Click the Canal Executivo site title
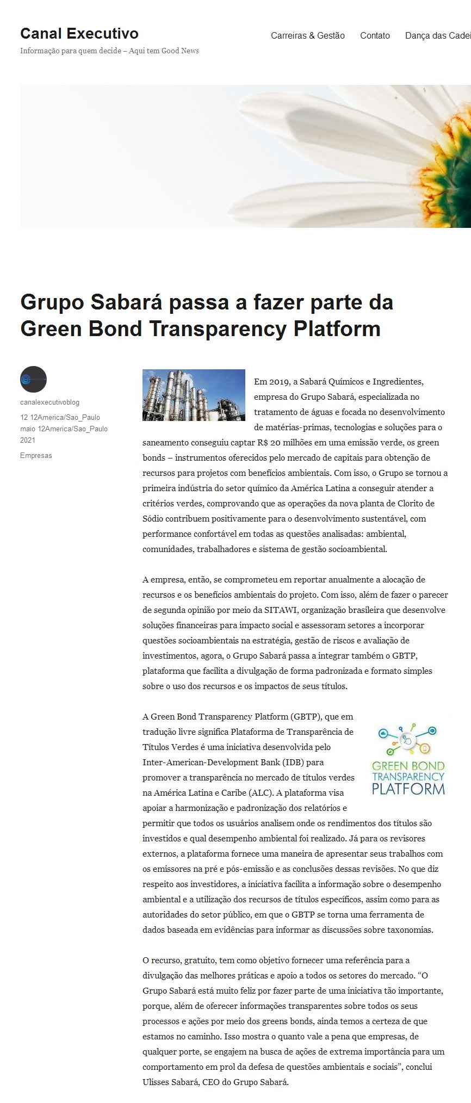click(79, 34)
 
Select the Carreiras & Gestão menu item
click(308, 35)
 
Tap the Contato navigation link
click(375, 35)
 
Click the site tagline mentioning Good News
click(109, 51)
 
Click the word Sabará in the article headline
click(127, 302)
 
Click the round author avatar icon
click(33, 379)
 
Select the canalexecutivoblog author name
click(49, 402)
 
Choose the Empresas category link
click(36, 455)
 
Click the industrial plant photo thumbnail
click(194, 395)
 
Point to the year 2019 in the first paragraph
click(280, 382)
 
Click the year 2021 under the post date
click(28, 440)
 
